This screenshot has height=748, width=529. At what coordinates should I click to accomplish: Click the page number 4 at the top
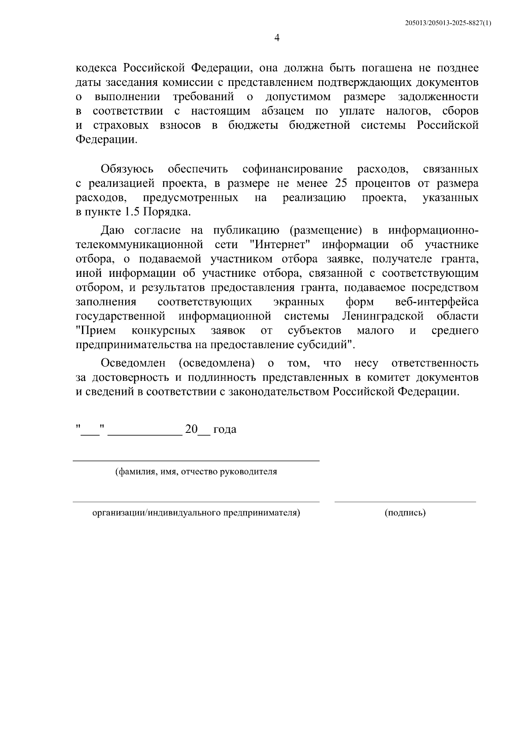pyautogui.click(x=277, y=38)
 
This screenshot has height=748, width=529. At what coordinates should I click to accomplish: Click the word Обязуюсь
pyautogui.click(x=127, y=169)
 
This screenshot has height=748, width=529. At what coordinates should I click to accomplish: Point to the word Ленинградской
pyautogui.click(x=382, y=316)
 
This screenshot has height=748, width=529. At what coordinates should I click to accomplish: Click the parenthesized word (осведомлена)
pyautogui.click(x=217, y=363)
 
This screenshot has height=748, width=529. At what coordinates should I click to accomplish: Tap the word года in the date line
pyautogui.click(x=225, y=429)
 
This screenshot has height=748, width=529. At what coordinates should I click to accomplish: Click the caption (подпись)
pyautogui.click(x=405, y=513)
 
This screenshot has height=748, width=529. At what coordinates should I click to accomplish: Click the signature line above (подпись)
pyautogui.click(x=405, y=502)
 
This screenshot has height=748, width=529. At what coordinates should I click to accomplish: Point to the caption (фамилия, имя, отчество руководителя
pyautogui.click(x=196, y=472)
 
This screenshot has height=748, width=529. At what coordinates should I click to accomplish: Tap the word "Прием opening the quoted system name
pyautogui.click(x=96, y=331)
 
